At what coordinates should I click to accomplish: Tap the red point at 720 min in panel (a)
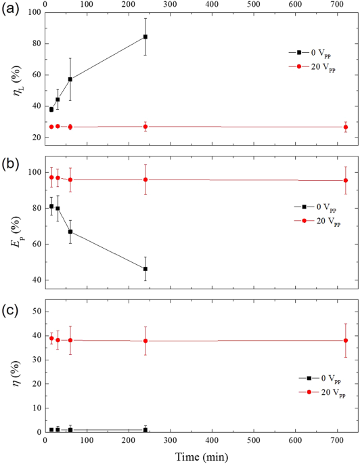point(345,127)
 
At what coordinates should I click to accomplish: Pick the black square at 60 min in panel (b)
point(70,232)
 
